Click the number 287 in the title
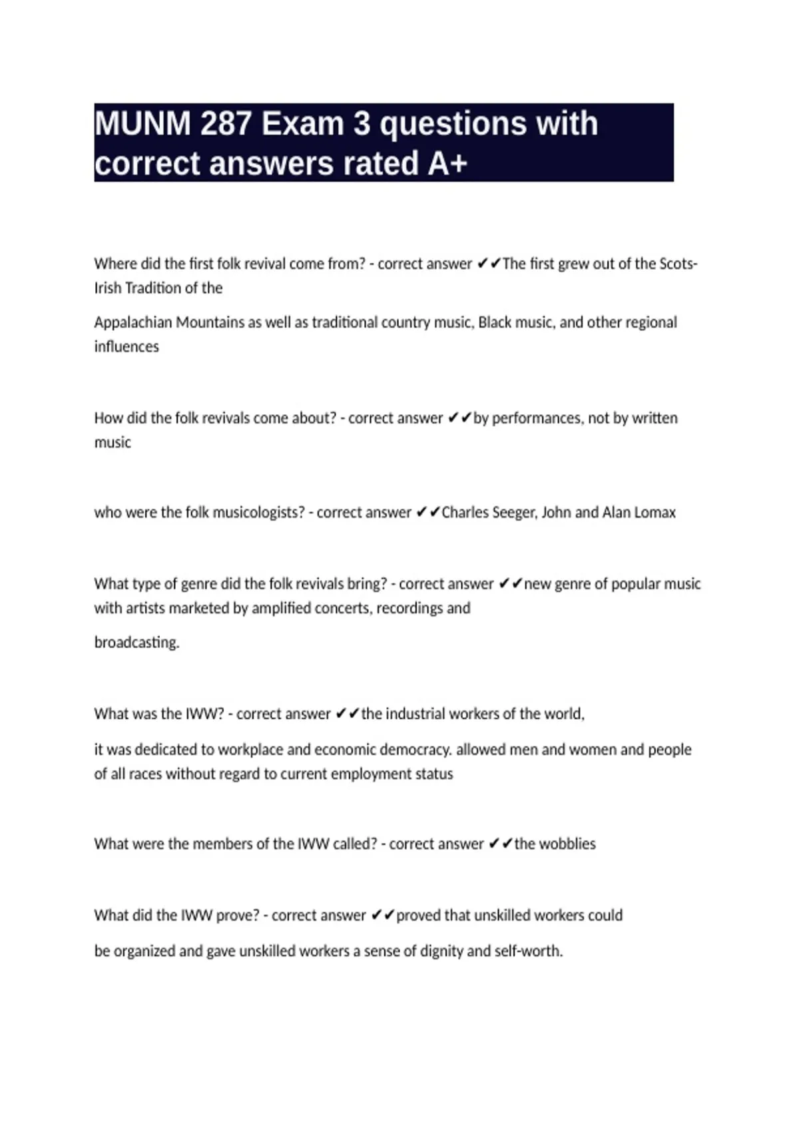point(224,124)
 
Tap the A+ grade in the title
point(447,164)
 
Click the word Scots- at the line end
point(678,264)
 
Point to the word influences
point(127,347)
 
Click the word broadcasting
point(136,643)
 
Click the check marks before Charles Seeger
point(427,513)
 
